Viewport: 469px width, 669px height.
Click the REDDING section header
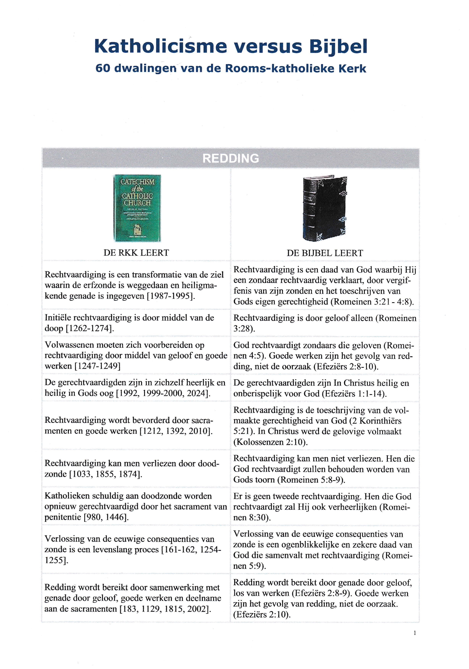pyautogui.click(x=230, y=158)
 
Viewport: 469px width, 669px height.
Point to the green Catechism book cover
pyautogui.click(x=137, y=208)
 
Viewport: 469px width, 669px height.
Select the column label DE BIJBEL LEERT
pyautogui.click(x=325, y=253)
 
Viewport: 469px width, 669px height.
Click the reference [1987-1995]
pyautogui.click(x=171, y=296)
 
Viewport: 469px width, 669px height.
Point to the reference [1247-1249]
pyautogui.click(x=97, y=366)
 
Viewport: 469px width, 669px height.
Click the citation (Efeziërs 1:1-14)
pyautogui.click(x=354, y=394)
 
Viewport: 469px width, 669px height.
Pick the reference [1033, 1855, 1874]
pyautogui.click(x=106, y=474)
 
